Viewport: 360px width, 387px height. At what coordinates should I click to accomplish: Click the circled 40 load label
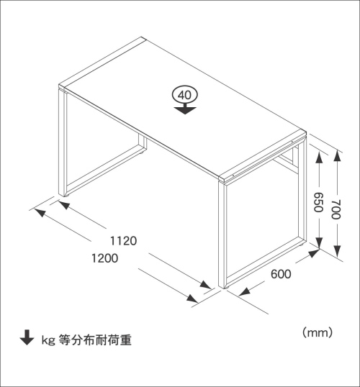(x=185, y=95)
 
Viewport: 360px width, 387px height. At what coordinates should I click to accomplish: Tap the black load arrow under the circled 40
(x=185, y=109)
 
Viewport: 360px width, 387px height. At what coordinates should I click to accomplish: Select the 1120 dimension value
(x=123, y=241)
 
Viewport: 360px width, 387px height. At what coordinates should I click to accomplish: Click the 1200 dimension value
(x=105, y=258)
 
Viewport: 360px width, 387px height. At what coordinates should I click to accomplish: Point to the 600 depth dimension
(x=281, y=274)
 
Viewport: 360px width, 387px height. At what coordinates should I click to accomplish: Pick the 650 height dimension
(x=318, y=202)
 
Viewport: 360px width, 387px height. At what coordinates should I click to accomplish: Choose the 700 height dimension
(x=336, y=209)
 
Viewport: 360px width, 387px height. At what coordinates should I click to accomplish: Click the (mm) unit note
(x=318, y=333)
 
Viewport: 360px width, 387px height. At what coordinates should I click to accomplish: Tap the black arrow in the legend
(x=27, y=337)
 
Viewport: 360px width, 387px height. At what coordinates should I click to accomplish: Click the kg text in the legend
(x=48, y=340)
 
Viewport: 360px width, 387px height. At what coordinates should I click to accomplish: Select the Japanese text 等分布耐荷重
(x=95, y=340)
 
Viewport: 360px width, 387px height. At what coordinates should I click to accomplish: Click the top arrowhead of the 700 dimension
(x=337, y=156)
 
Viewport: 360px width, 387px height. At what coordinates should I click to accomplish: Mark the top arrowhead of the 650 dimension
(x=319, y=158)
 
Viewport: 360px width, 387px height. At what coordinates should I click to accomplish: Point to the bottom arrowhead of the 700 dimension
(x=337, y=252)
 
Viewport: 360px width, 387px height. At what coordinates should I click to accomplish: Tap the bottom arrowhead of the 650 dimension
(x=319, y=242)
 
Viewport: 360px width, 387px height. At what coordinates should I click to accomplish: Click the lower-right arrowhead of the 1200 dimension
(x=192, y=299)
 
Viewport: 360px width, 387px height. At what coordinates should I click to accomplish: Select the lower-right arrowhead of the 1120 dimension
(x=206, y=285)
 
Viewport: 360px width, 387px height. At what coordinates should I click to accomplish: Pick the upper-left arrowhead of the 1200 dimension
(x=40, y=213)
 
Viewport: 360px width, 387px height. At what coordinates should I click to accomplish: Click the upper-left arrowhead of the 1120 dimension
(x=64, y=205)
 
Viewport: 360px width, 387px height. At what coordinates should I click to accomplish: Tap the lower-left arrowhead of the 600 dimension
(x=244, y=292)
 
